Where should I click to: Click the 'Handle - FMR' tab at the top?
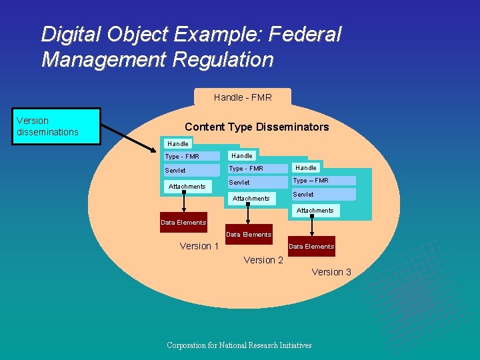click(243, 97)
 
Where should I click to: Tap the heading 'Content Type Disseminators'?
click(257, 127)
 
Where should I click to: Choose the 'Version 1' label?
click(199, 246)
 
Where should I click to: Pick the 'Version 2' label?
click(263, 260)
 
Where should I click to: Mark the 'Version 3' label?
click(331, 272)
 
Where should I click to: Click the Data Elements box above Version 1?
click(183, 223)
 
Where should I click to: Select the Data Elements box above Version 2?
click(249, 235)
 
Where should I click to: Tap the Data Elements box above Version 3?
click(311, 247)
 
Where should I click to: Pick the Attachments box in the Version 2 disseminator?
click(251, 198)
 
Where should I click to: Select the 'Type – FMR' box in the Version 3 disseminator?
click(323, 181)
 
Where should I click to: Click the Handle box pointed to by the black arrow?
click(178, 143)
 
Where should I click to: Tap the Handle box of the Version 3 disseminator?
click(306, 168)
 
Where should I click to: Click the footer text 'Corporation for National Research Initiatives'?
click(239, 345)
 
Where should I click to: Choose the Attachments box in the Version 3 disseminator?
click(315, 211)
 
